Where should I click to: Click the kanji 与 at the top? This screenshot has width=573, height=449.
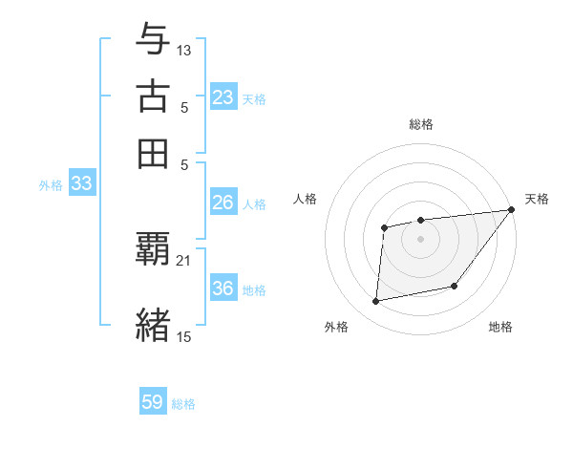(x=154, y=39)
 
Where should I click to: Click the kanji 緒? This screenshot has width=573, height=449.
(x=154, y=325)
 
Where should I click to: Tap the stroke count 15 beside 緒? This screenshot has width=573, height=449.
(x=184, y=335)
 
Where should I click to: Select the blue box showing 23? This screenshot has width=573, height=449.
(x=223, y=97)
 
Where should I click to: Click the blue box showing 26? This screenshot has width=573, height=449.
(x=223, y=203)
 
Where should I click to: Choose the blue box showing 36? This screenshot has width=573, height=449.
(x=223, y=289)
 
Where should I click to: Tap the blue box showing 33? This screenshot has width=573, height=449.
(x=81, y=184)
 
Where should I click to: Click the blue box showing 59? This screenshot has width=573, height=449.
(x=153, y=402)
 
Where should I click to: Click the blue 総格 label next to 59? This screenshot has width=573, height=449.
(x=183, y=404)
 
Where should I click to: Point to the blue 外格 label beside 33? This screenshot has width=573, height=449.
(x=51, y=185)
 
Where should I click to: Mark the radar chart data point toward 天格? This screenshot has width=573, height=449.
(x=512, y=210)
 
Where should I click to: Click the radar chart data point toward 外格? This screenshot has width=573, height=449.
(x=376, y=302)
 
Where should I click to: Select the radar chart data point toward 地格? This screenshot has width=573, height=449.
(x=455, y=286)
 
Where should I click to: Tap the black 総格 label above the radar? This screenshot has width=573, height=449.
(x=420, y=124)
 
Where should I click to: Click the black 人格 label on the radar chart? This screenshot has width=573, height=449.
(x=306, y=199)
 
